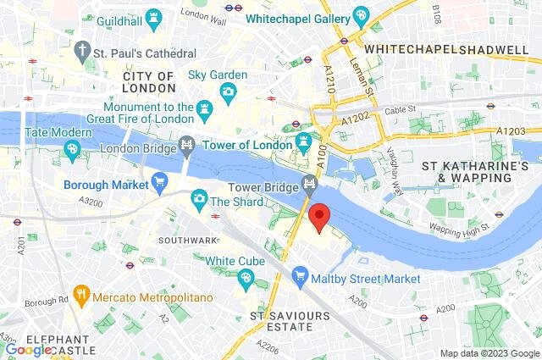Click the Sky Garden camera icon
pos(228,91)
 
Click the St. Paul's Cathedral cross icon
pos(83,51)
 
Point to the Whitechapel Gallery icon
pos(361,15)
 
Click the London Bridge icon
pos(187,146)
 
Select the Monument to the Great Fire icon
pos(203,108)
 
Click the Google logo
pos(29,349)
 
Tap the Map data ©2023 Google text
pos(489,353)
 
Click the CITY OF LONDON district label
pos(148,82)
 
